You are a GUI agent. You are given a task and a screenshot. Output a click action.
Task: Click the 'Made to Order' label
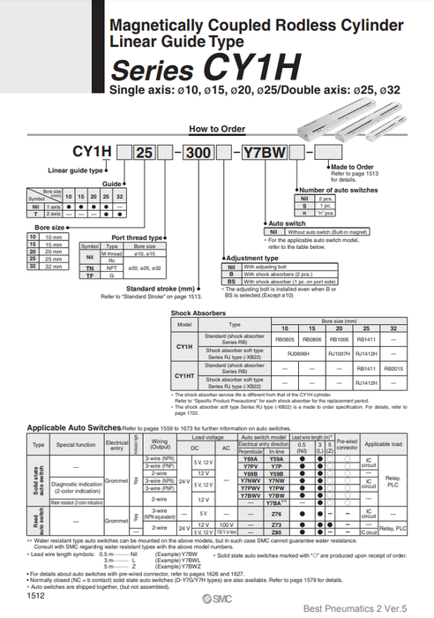point(353,167)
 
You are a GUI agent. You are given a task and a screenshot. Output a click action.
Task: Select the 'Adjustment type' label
point(252,258)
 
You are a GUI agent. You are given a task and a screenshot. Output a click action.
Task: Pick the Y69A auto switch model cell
point(250,459)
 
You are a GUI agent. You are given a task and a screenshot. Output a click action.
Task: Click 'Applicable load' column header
point(383,444)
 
